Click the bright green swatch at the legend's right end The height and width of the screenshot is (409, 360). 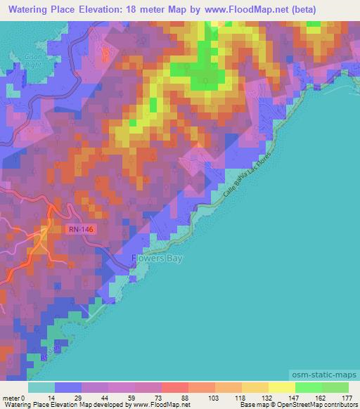pos(335,388)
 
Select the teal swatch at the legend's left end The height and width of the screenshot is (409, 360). pos(41,388)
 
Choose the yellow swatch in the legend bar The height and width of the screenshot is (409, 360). pos(281,388)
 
